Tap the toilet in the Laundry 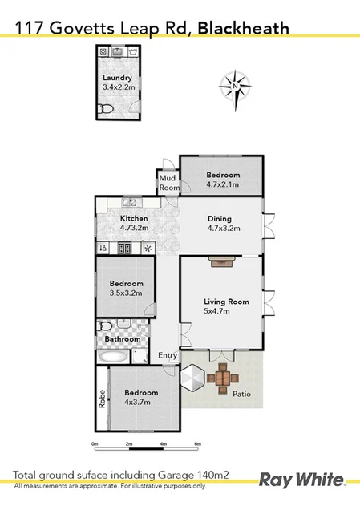[103, 109]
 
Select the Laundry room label [117, 78]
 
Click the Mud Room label [169, 183]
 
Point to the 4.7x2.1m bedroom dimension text [223, 184]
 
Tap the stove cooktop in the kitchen [125, 248]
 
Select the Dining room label [219, 218]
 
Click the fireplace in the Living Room [220, 261]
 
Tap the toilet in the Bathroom [105, 327]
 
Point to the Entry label [168, 355]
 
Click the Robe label [102, 399]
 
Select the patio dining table [222, 376]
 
